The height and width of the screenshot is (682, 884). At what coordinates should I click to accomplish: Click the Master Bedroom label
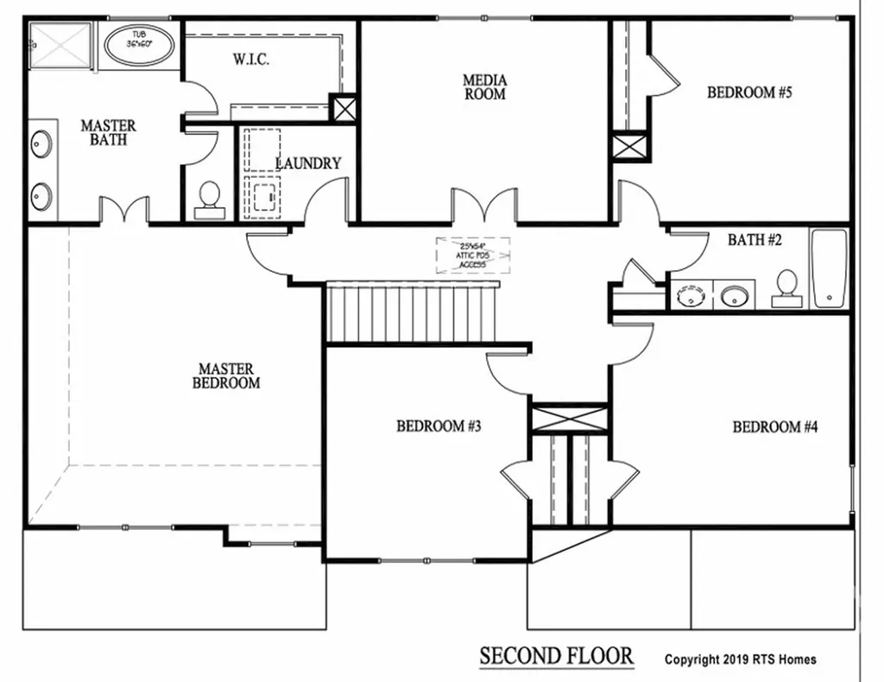(x=226, y=376)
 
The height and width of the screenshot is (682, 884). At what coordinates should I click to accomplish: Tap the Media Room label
(x=484, y=87)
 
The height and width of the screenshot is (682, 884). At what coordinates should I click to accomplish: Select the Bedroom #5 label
(x=749, y=92)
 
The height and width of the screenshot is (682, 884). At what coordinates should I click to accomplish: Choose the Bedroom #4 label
(x=774, y=426)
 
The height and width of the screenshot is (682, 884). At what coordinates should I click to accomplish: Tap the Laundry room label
(x=308, y=163)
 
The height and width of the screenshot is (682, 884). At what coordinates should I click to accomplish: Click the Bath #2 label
(x=755, y=240)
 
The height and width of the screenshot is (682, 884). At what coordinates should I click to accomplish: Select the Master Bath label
(x=108, y=132)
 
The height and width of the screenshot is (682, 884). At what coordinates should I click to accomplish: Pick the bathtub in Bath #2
(x=829, y=268)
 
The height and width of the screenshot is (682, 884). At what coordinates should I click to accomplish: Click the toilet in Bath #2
(x=786, y=288)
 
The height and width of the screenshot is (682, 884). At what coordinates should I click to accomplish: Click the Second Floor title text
(x=557, y=656)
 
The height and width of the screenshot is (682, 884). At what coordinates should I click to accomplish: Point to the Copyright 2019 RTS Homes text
(x=740, y=660)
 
